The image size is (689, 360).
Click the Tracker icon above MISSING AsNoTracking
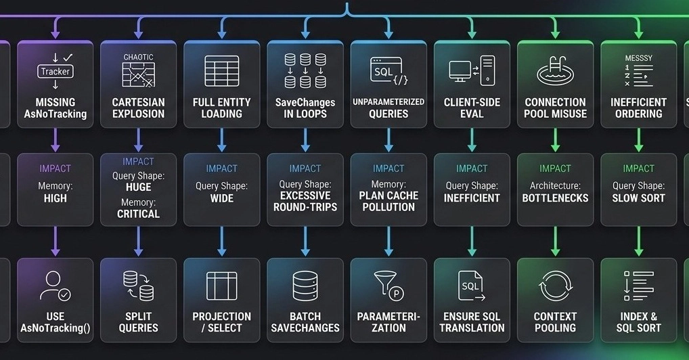(55, 71)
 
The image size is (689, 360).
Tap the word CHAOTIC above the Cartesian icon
(139, 57)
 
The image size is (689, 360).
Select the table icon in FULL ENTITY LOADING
(222, 71)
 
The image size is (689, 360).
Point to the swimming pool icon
(555, 71)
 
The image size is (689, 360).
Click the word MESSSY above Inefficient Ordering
(638, 58)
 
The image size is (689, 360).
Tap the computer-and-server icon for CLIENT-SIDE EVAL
(472, 70)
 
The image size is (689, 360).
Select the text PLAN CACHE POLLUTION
(388, 202)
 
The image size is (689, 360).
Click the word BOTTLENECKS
(555, 198)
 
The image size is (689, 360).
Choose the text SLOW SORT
(638, 198)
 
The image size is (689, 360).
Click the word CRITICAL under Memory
(139, 214)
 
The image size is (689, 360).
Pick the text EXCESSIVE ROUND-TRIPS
(305, 202)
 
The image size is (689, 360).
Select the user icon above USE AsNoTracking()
(55, 286)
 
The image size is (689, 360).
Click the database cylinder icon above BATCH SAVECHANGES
(305, 286)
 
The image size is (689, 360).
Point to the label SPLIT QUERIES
(139, 322)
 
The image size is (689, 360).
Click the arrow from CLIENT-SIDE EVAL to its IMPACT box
(472, 140)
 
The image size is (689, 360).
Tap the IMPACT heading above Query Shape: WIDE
(222, 168)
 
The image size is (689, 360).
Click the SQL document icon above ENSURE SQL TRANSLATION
(471, 286)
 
